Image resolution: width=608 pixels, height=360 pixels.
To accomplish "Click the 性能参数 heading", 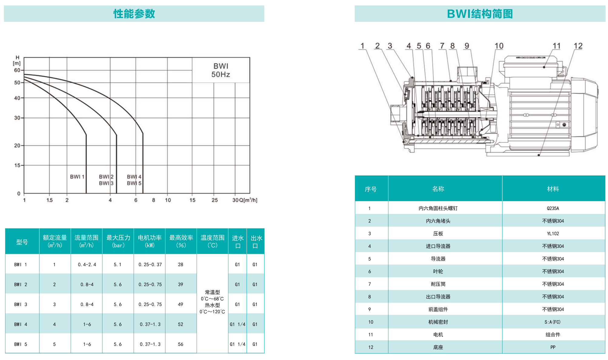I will tap(134, 14).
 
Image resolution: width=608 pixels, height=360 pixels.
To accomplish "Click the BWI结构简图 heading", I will tap(480, 14).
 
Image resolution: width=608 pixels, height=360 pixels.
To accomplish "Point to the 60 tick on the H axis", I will tap(17, 70).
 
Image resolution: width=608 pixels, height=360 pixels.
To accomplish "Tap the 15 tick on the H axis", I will tap(17, 165).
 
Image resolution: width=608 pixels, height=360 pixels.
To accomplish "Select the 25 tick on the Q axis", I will tap(214, 200).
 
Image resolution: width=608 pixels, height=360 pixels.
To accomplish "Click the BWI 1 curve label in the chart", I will tap(77, 177).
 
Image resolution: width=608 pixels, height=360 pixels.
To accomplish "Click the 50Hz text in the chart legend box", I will tap(221, 75).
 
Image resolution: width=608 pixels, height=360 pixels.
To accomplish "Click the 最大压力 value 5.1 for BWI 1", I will tap(118, 265).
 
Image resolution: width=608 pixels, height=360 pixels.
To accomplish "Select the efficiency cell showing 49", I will tap(181, 304).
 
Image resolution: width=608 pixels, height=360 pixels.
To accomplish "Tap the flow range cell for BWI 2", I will tap(87, 285).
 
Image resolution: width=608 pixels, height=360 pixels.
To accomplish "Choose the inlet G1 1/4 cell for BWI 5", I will tap(238, 344).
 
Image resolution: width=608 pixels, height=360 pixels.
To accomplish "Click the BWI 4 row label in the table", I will tap(21, 324).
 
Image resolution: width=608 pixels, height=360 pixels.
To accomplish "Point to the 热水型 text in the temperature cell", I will tap(212, 305).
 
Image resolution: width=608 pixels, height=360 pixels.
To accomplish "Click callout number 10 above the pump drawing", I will tap(499, 46).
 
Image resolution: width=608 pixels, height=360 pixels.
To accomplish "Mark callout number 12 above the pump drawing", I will tap(578, 46).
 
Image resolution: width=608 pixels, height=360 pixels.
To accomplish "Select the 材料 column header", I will tap(553, 189).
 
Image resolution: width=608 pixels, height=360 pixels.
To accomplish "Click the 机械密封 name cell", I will tap(438, 322).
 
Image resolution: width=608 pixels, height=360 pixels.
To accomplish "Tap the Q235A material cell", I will tap(553, 208).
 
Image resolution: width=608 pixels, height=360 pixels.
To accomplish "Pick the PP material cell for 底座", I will tap(553, 347).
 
